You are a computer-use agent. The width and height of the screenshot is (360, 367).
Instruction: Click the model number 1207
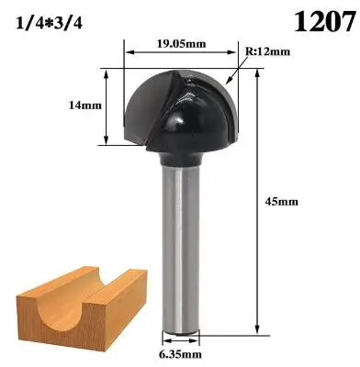[324, 21]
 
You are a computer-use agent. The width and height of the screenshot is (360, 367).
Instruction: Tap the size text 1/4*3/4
[49, 23]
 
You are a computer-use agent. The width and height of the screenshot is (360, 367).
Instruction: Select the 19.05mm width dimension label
[182, 44]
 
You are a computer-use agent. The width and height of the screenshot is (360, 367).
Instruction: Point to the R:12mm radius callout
[267, 51]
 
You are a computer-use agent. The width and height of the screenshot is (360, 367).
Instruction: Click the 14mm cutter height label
[85, 106]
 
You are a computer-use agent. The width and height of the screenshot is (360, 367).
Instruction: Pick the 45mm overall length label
[281, 202]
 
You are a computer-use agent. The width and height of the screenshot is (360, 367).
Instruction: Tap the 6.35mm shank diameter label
[180, 354]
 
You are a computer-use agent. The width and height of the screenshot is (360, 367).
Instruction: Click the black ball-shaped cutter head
[181, 112]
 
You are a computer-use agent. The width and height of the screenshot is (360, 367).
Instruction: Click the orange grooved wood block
[82, 309]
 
